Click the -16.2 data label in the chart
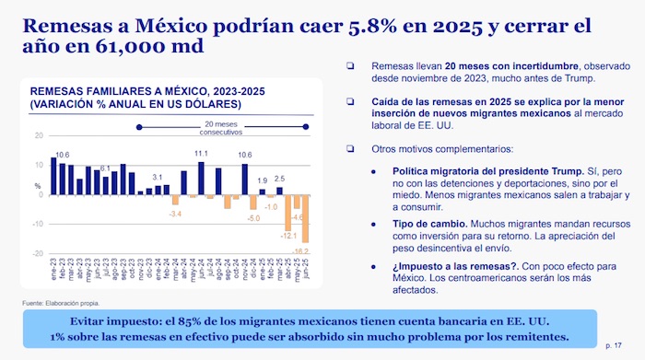pyautogui.click(x=300, y=250)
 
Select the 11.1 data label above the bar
pyautogui.click(x=201, y=154)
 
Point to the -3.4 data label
pyautogui.click(x=175, y=214)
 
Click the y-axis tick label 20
pyautogui.click(x=38, y=135)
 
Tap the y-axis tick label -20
pyautogui.click(x=38, y=253)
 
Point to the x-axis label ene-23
pyautogui.click(x=53, y=273)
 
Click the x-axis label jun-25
pyautogui.click(x=305, y=273)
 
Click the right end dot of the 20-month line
pyautogui.click(x=306, y=126)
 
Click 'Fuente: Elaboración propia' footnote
pyautogui.click(x=60, y=303)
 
